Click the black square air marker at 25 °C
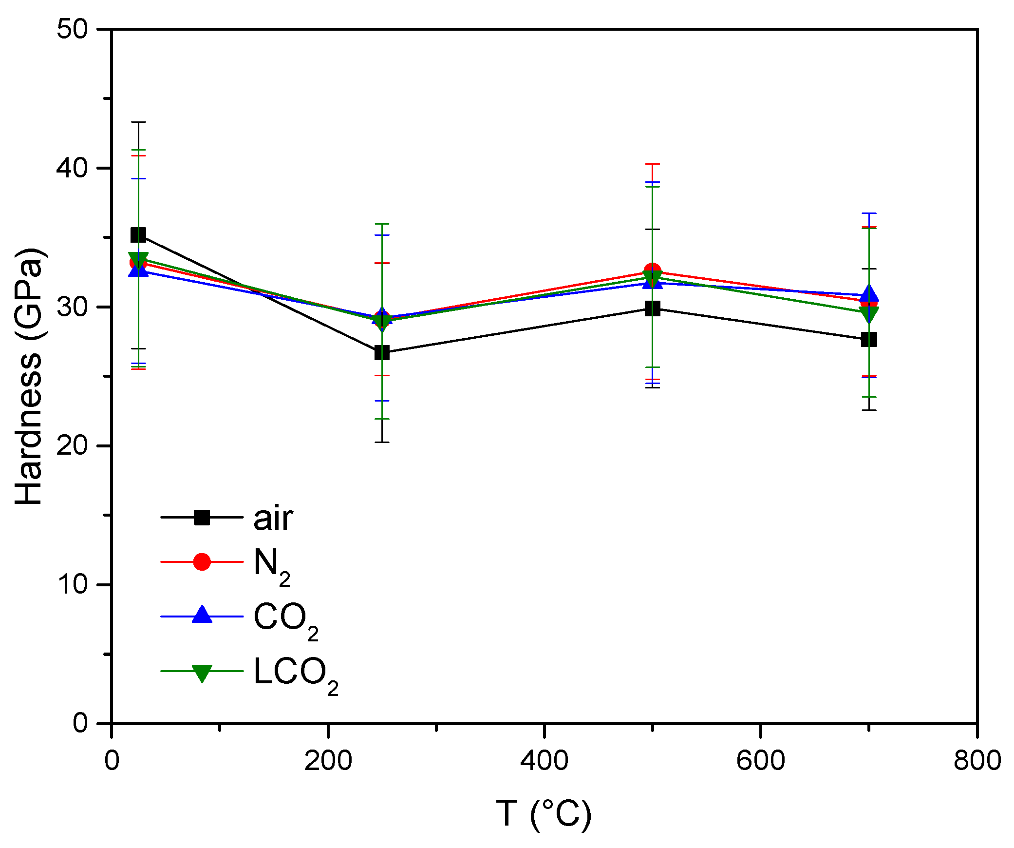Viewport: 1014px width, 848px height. coord(138,235)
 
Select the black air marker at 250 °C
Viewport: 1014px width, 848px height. coord(382,352)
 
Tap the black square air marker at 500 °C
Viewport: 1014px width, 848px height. coord(652,308)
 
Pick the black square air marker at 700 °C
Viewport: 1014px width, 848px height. coord(869,339)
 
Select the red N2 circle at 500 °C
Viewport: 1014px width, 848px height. coord(652,271)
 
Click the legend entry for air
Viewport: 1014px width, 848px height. coord(273,518)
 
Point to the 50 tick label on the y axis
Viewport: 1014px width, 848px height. coord(72,29)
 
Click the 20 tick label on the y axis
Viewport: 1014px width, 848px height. coord(72,445)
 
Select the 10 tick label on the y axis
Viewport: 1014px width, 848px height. coord(72,584)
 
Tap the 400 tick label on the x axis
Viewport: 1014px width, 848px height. coord(544,761)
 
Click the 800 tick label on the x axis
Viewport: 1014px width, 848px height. coord(977,761)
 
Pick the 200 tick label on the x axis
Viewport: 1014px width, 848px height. coord(328,761)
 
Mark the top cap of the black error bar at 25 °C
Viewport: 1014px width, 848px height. coord(138,122)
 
